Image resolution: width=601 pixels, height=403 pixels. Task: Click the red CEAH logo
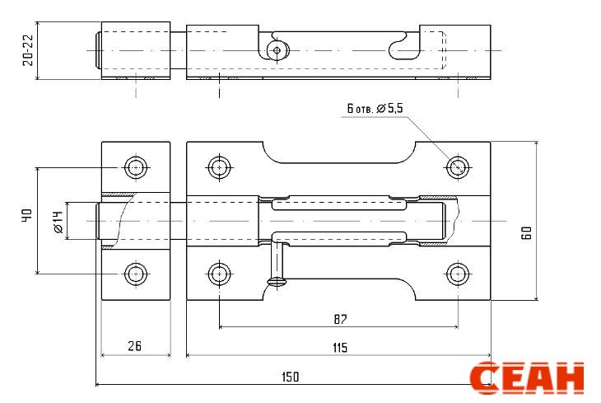527,377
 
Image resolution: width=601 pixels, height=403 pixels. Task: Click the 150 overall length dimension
290,377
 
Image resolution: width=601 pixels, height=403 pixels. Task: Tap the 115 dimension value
340,348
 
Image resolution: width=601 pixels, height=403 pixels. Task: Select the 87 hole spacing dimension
340,319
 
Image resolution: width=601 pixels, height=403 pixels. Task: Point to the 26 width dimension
134,346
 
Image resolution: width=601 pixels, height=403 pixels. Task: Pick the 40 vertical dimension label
27,215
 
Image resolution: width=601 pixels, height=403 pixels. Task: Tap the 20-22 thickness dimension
28,50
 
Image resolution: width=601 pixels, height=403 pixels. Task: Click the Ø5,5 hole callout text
389,108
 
